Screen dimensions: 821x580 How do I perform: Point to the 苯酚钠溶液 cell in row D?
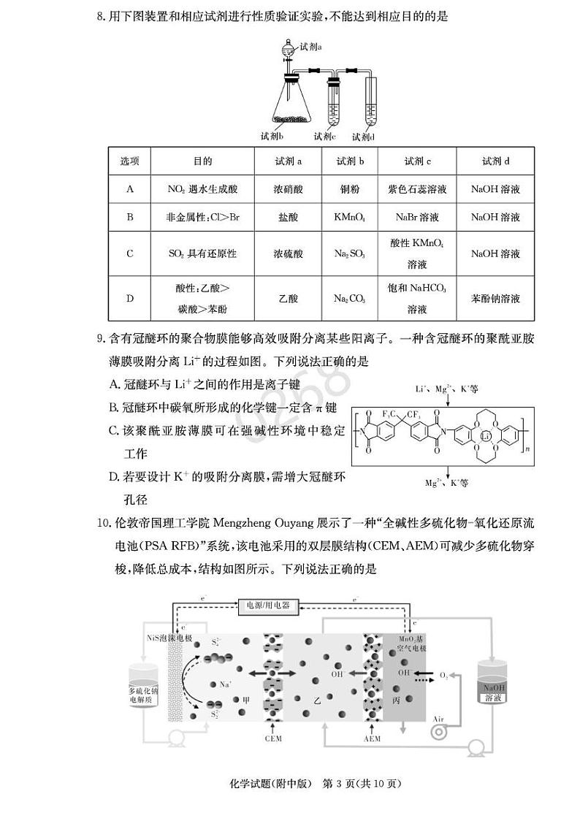pos(495,299)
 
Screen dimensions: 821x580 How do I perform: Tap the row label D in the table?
pos(130,299)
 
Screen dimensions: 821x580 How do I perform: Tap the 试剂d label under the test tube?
pos(363,137)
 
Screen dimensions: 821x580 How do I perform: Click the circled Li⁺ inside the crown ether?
pos(485,437)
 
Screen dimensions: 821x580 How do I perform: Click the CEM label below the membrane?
pos(273,738)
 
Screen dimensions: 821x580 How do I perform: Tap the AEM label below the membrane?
pos(372,738)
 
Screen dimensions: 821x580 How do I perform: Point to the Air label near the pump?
pos(438,719)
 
